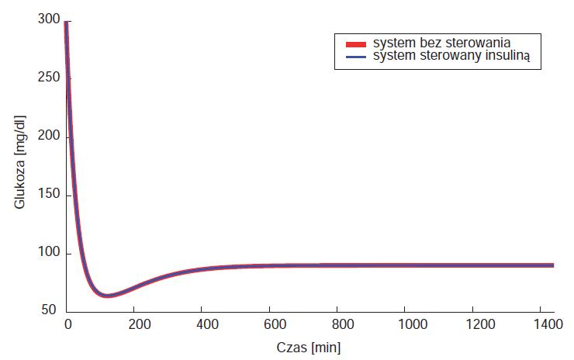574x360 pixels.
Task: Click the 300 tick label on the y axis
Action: (48, 20)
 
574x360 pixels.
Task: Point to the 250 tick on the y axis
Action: (48, 78)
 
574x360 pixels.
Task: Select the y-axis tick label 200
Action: (48, 137)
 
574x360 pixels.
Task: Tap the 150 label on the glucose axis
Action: (48, 195)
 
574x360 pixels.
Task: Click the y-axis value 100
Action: (48, 253)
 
